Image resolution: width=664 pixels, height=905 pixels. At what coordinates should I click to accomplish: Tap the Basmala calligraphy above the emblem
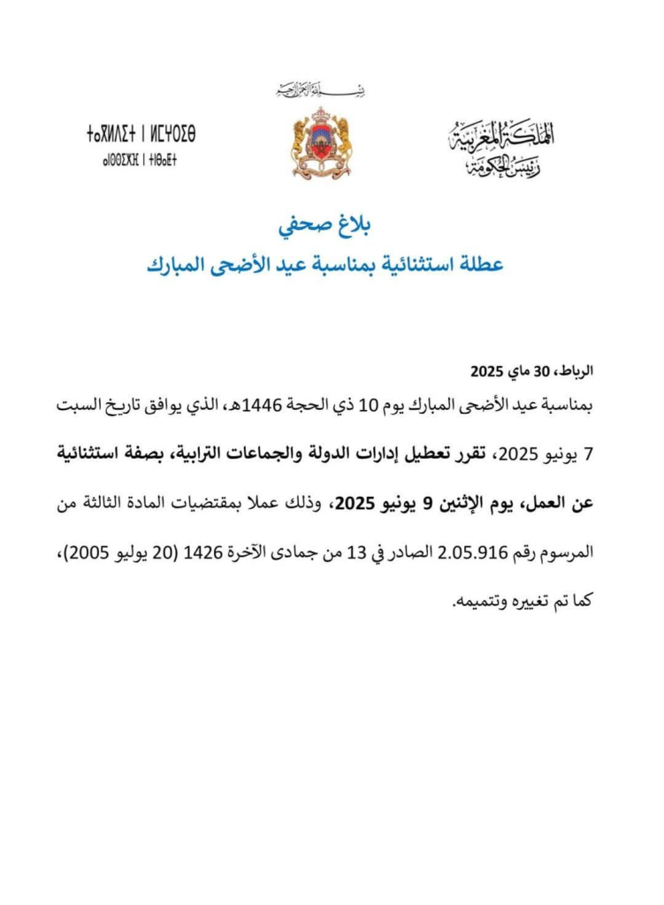pyautogui.click(x=320, y=89)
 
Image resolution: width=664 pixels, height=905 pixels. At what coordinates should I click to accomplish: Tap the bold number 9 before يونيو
pyautogui.click(x=425, y=505)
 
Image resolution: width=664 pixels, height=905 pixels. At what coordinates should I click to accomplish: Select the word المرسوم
pyautogui.click(x=567, y=554)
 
